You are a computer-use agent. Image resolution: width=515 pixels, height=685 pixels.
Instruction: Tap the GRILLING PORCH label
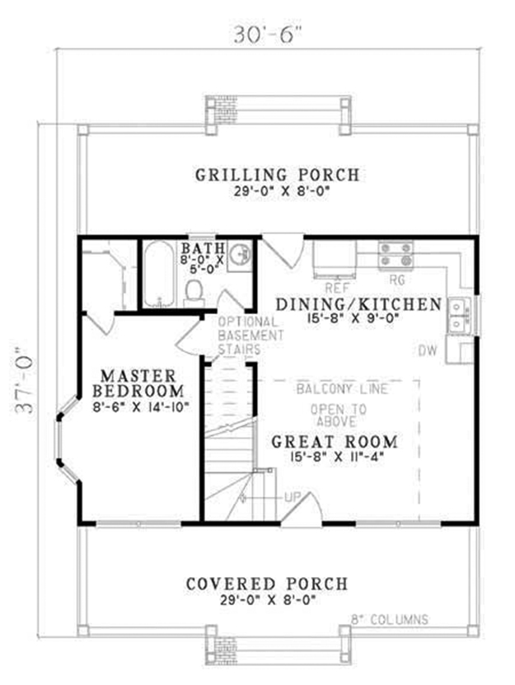[277, 175]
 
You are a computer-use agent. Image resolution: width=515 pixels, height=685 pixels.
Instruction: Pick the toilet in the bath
[195, 291]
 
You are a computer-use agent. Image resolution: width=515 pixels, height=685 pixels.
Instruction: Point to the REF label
[334, 288]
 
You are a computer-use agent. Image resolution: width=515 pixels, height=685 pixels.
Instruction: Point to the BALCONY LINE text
[339, 388]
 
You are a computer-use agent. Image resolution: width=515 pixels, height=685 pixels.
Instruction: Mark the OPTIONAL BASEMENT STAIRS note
[251, 336]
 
